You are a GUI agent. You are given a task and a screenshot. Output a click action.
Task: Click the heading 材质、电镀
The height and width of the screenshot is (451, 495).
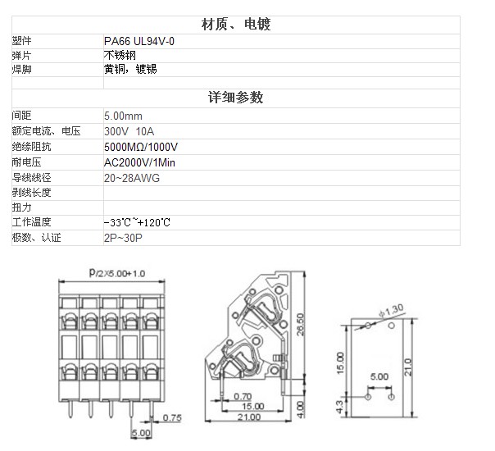click(x=236, y=25)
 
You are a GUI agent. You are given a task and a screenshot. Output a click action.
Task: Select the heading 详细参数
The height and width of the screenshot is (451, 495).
click(x=235, y=98)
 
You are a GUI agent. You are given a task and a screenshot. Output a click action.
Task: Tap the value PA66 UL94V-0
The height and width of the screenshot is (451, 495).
click(x=139, y=41)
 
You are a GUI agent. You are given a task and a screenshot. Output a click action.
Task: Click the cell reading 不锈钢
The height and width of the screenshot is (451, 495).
click(x=120, y=55)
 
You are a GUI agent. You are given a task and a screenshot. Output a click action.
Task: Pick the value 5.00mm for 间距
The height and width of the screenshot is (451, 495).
click(x=123, y=116)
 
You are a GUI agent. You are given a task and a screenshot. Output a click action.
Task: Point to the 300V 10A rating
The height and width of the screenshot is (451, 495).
click(x=129, y=131)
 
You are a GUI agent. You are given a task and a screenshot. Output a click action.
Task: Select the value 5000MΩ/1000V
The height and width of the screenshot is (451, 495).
click(x=141, y=147)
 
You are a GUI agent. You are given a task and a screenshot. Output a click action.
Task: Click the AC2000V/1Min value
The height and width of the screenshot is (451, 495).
click(x=139, y=162)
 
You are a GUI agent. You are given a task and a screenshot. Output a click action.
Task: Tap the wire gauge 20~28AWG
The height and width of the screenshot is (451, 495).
click(x=132, y=178)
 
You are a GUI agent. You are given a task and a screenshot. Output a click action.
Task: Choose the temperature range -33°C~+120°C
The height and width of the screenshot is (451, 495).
click(x=137, y=222)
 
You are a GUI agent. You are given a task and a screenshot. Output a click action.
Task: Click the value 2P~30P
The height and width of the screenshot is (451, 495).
click(x=123, y=238)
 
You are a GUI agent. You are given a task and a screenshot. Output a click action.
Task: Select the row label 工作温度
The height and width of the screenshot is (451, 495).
click(x=32, y=222)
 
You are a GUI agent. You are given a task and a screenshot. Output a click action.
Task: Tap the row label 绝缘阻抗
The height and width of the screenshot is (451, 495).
click(x=32, y=147)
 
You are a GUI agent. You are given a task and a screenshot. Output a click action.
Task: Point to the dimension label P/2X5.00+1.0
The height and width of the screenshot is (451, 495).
click(x=117, y=273)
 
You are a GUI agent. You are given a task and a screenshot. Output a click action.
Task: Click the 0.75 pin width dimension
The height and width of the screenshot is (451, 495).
click(x=172, y=418)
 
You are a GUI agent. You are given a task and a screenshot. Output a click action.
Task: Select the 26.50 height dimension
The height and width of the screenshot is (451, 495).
click(x=300, y=324)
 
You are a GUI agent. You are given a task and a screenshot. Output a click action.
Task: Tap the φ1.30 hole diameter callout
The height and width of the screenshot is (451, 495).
click(x=392, y=310)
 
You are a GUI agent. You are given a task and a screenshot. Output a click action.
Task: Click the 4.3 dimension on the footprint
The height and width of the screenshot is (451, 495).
click(x=339, y=407)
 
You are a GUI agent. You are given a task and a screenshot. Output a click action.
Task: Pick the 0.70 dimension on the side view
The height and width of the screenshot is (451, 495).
click(x=243, y=396)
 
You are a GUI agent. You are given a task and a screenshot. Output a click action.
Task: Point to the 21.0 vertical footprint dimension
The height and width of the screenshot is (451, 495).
click(x=408, y=367)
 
